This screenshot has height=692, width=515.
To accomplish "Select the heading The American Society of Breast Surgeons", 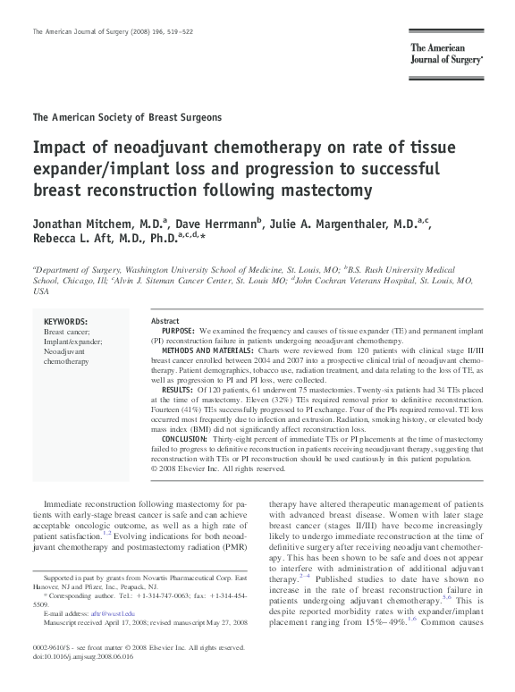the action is (x=127, y=117).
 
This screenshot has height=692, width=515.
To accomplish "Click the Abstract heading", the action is (x=165, y=321).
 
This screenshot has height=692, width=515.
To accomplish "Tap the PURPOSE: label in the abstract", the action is (x=180, y=331).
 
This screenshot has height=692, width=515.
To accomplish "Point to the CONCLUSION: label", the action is (x=185, y=439).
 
